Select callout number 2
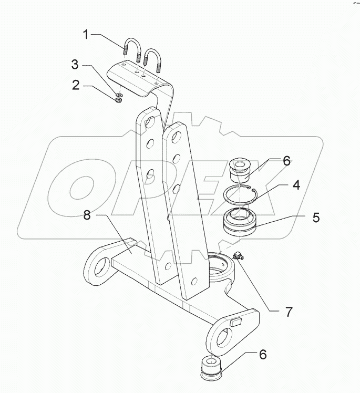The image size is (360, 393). pos(76,85)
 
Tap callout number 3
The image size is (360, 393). pos(76,66)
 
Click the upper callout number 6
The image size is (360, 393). pos(287,161)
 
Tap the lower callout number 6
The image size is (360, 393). pos(261,356)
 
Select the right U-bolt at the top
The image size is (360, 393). pos(152,58)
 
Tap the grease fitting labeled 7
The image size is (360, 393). pos(238,256)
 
